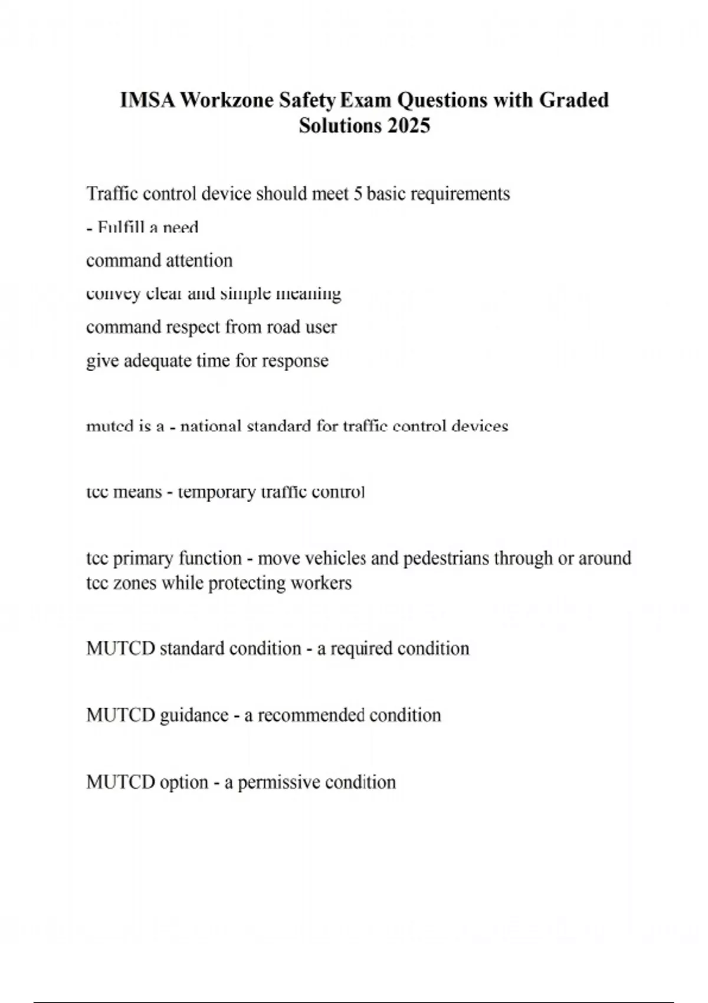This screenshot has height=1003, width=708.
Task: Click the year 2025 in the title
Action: [409, 126]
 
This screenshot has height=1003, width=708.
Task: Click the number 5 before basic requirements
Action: [358, 194]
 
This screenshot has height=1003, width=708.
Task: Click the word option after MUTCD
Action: [184, 782]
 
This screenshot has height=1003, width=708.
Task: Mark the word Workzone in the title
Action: [227, 100]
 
